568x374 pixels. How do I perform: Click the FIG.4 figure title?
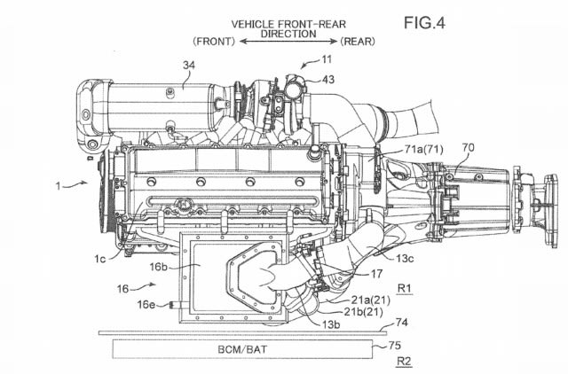pyautogui.click(x=424, y=23)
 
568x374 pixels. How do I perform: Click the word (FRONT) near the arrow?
pyautogui.click(x=214, y=42)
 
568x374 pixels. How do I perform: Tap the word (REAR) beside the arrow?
pyautogui.click(x=358, y=42)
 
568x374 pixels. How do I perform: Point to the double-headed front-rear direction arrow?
pyautogui.click(x=288, y=42)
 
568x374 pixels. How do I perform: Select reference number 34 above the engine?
pyautogui.click(x=189, y=65)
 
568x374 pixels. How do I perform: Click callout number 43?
pyautogui.click(x=328, y=80)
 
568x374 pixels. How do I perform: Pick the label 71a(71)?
pyautogui.click(x=424, y=149)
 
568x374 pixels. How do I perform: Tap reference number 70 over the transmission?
pyautogui.click(x=469, y=148)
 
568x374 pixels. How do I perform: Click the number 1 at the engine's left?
pyautogui.click(x=58, y=186)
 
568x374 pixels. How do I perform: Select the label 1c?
pyautogui.click(x=100, y=259)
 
